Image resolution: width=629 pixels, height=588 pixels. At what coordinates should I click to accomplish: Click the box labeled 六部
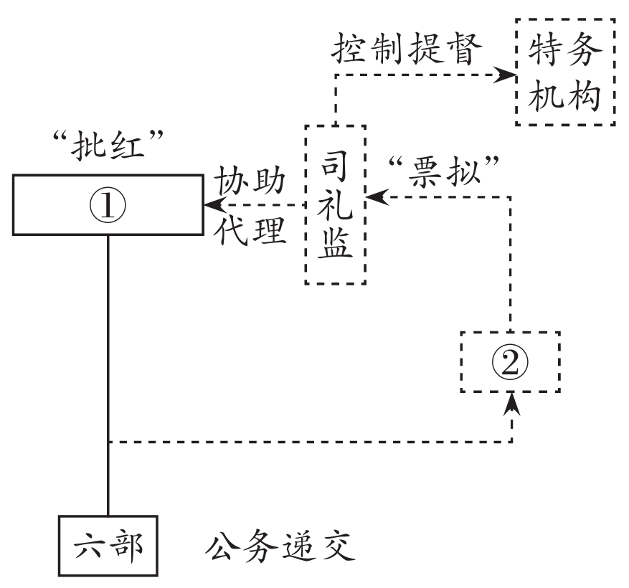tap(108, 546)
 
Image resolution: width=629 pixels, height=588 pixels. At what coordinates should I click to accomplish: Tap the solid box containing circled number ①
tap(108, 204)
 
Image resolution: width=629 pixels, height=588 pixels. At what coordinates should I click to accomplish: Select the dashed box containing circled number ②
tap(510, 362)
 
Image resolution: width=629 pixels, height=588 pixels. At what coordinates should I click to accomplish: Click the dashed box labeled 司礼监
tap(336, 204)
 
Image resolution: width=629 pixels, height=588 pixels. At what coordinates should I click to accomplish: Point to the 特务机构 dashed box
tap(564, 72)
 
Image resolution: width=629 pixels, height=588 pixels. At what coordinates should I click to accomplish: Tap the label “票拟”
tap(443, 171)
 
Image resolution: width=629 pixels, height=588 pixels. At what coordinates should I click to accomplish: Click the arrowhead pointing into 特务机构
tap(508, 74)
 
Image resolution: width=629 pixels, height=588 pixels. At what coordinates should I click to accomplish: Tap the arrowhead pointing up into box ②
tap(511, 403)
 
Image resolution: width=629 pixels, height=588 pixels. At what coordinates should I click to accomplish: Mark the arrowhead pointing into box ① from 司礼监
tap(212, 207)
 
